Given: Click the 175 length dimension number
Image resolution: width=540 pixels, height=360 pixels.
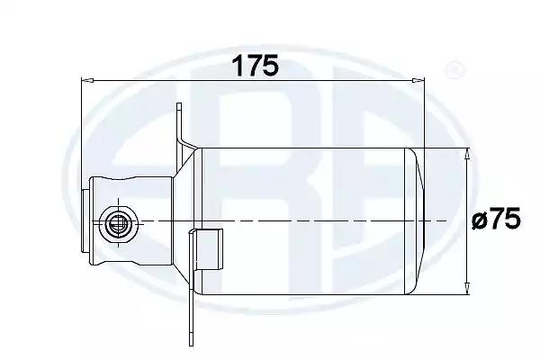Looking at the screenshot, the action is coord(256,66).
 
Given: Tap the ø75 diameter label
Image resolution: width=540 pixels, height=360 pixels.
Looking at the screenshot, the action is coord(496,220).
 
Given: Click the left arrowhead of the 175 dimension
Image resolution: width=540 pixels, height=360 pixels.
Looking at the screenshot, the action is coord(87,80).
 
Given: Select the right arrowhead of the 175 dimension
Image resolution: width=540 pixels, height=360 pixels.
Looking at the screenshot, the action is coord(418,80).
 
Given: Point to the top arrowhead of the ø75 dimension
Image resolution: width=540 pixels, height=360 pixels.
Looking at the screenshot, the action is coord(467,154).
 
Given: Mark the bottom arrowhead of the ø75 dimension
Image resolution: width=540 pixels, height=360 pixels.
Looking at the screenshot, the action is coord(467,288).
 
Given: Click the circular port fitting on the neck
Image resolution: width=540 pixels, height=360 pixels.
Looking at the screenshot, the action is coord(119,222).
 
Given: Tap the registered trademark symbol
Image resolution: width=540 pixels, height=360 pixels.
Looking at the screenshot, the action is coord(454,70).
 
